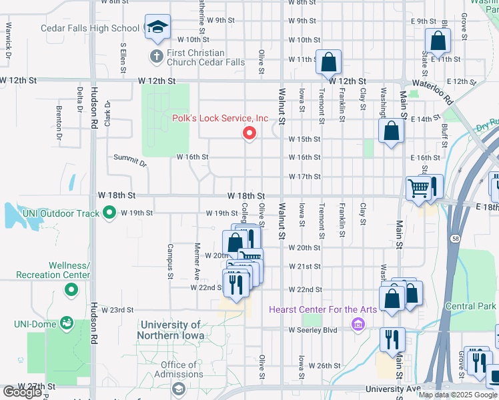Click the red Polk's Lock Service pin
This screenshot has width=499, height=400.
(x=249, y=133)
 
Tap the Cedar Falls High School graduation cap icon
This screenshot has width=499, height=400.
(x=157, y=27)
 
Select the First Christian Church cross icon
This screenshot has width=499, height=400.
(x=156, y=56)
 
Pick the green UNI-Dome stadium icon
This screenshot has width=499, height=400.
(x=66, y=323)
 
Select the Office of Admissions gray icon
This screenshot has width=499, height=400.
(x=178, y=388)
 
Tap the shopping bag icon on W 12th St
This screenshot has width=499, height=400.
(x=328, y=63)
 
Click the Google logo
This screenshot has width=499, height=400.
(x=22, y=392)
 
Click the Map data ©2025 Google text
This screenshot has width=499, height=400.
(x=458, y=395)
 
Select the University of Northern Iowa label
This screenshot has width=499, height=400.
(x=178, y=330)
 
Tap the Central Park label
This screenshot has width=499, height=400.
(x=470, y=307)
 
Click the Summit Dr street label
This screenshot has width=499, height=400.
(x=129, y=160)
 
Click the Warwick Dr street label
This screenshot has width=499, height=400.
(x=9, y=37)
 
